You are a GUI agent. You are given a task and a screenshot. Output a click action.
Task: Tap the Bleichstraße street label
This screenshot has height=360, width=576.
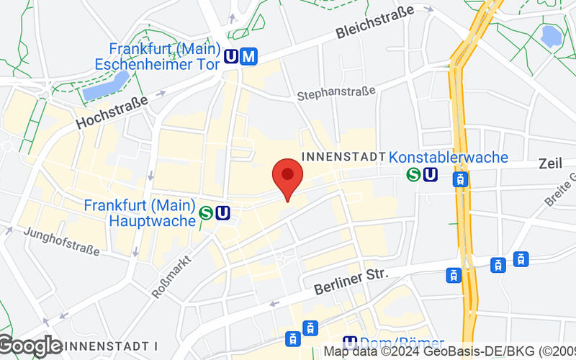point(374,23)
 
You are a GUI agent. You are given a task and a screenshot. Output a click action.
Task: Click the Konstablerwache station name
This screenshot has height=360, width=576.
point(448,157)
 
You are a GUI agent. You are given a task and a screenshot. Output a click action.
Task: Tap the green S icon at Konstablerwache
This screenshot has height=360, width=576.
point(413,174)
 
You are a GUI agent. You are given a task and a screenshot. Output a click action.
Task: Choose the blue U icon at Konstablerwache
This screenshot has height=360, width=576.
point(430,174)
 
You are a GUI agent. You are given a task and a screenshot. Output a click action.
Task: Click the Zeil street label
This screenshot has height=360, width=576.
point(551,165)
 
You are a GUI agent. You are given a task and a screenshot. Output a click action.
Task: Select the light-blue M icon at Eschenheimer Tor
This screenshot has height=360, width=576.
point(249,57)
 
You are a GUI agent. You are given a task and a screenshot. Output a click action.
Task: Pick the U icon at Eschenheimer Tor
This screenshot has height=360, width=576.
point(232,57)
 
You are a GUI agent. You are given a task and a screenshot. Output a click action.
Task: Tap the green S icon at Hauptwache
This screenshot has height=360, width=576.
point(206,212)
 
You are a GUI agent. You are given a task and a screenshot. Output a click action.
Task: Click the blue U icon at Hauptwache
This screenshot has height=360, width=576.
point(222,212)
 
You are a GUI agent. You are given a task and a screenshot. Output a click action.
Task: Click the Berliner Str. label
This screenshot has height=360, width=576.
point(351,281)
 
